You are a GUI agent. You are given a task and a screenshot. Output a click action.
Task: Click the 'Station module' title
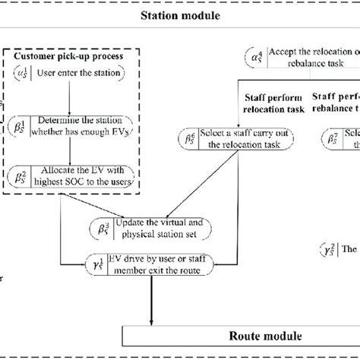(x=179, y=14)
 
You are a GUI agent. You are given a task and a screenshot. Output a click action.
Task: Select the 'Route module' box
(x=239, y=335)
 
